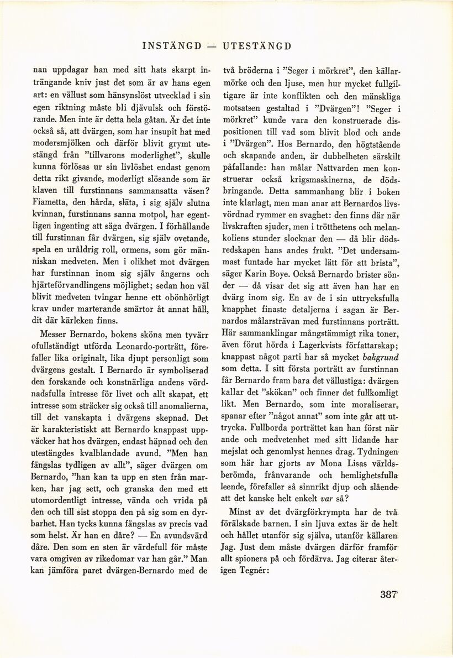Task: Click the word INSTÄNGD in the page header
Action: [172, 46]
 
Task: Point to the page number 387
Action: [388, 595]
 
